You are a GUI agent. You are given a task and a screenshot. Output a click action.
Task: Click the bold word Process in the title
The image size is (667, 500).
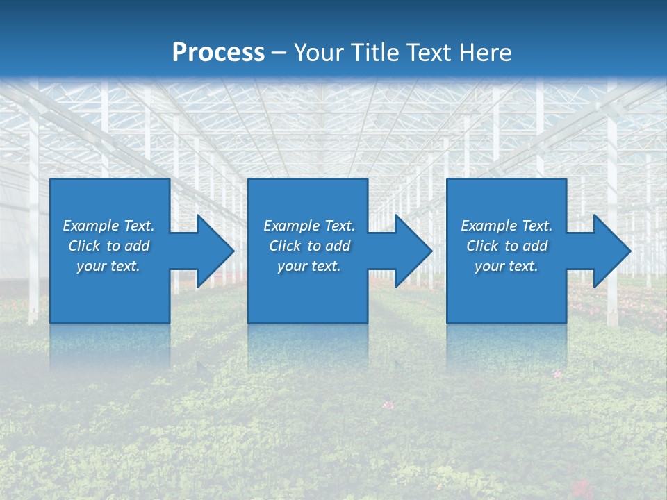(x=218, y=53)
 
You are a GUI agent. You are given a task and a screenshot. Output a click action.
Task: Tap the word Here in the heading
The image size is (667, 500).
(x=484, y=53)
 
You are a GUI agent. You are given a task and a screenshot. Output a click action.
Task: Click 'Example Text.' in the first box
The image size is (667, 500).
(x=108, y=226)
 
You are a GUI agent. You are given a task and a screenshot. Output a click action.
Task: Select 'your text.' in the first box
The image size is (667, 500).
(x=108, y=266)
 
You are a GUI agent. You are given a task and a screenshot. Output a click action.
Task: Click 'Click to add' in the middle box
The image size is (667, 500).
(x=309, y=246)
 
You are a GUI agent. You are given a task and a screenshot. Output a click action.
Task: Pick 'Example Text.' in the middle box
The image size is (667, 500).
(x=309, y=226)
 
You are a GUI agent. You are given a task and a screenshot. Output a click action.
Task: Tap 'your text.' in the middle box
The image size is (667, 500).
(x=309, y=266)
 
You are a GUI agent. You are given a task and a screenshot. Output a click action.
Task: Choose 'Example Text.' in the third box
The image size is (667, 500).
(x=507, y=226)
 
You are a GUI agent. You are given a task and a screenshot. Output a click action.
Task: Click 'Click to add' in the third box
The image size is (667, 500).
(x=507, y=246)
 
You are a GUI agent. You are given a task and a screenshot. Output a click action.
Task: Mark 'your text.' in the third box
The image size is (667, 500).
(x=507, y=266)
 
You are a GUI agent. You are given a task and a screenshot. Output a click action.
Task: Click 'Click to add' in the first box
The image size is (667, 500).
(x=108, y=246)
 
